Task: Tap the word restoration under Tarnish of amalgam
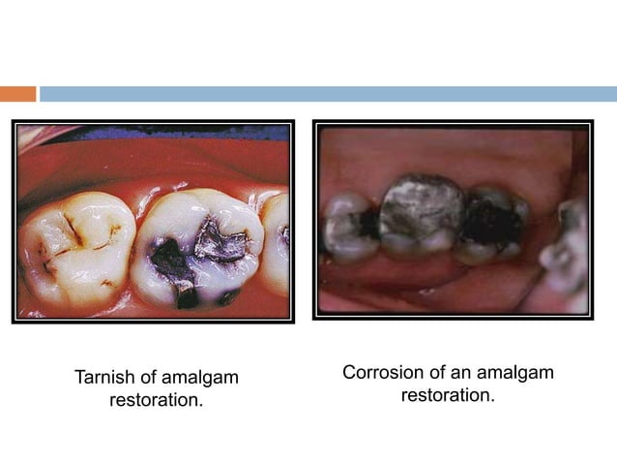coord(156,399)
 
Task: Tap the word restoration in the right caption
coord(448,395)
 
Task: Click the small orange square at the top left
coord(17,94)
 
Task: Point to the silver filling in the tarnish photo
coord(220,240)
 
